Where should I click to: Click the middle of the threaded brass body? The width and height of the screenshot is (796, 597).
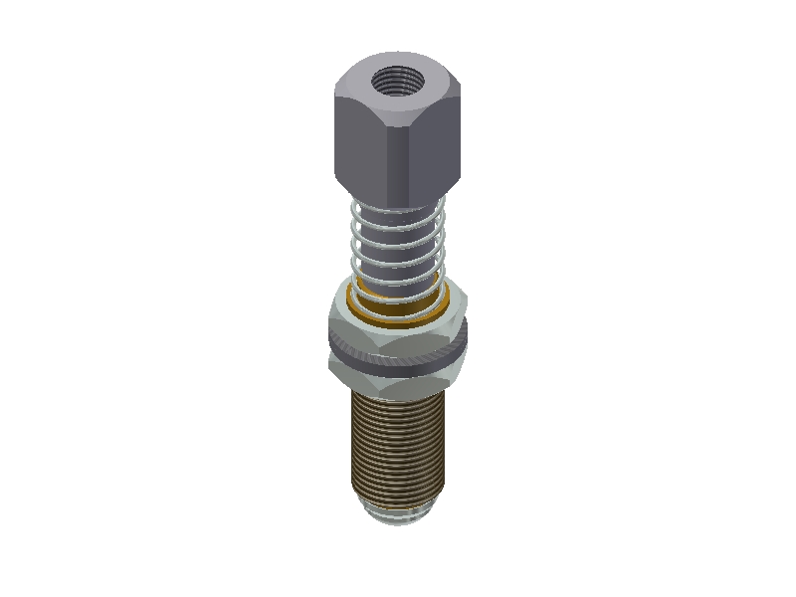(x=398, y=448)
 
